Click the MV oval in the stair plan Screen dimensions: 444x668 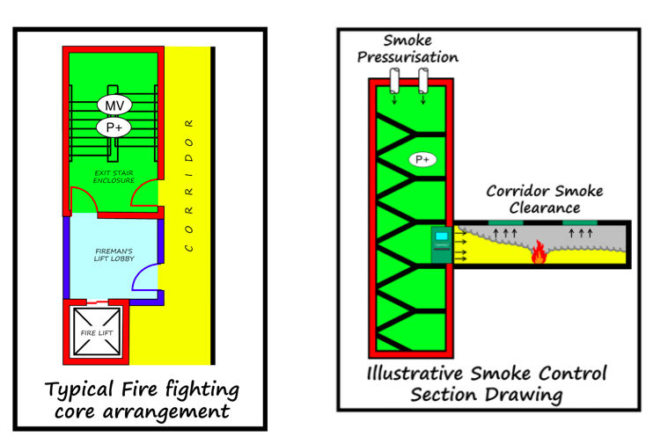tap(114, 106)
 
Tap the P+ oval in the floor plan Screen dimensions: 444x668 tap(114, 127)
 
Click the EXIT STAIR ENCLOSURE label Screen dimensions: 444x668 tap(114, 177)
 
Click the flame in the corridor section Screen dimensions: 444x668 tap(536, 255)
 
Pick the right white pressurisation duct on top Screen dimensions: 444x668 tap(423, 82)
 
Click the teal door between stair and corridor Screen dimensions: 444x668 tap(441, 244)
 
